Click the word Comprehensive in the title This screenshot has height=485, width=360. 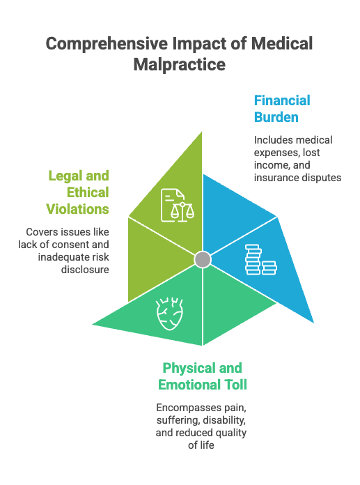coord(107,44)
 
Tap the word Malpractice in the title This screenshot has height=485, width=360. coord(179,65)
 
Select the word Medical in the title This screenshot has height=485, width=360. coord(282,43)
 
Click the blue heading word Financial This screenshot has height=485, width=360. coord(282,100)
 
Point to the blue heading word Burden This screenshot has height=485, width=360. coord(276,117)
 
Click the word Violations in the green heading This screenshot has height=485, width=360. coord(77,209)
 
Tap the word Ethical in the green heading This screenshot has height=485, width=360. coord(88,192)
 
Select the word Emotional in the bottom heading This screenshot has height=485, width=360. coord(189,385)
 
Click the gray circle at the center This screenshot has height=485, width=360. coord(203,259)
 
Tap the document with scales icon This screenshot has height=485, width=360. coord(178,206)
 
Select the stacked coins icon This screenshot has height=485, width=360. coord(261,260)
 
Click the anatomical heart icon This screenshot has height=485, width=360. coord(169,314)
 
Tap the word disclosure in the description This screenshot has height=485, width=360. coord(85,270)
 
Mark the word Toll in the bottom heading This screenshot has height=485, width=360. coord(236,385)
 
